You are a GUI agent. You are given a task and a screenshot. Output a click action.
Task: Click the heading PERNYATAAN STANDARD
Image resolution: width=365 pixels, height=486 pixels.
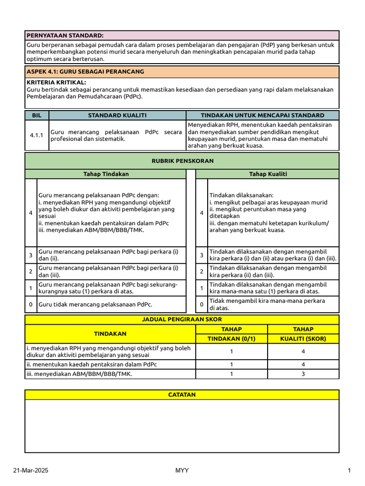tap(65, 36)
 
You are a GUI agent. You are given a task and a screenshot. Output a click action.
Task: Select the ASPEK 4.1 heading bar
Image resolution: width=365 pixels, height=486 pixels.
tap(182, 72)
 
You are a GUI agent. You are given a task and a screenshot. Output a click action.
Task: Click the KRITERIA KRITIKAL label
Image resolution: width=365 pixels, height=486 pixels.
tap(57, 83)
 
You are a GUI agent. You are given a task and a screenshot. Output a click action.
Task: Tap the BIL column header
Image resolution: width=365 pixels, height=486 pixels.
tap(37, 115)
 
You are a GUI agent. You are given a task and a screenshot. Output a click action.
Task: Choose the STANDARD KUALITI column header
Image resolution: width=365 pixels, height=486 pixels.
tap(117, 115)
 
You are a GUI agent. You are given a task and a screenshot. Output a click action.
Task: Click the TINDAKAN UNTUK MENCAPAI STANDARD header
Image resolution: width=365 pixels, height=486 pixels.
tap(262, 115)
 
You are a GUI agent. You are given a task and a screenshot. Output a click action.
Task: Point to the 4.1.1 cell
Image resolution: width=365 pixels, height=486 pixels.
tap(37, 135)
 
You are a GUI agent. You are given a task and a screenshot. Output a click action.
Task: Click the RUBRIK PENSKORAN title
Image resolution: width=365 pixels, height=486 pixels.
tap(182, 161)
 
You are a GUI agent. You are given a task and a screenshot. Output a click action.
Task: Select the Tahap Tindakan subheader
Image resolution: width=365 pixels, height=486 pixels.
tap(106, 174)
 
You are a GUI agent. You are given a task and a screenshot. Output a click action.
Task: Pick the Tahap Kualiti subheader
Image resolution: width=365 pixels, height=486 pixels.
tap(267, 174)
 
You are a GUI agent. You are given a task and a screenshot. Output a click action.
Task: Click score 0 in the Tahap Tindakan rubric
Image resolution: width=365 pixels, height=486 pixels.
tap(30, 305)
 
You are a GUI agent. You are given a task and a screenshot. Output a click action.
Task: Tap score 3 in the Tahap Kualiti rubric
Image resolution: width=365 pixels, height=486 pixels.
tap(202, 255)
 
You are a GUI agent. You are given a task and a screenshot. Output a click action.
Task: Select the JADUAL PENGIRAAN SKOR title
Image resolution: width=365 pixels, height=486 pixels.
tap(182, 319)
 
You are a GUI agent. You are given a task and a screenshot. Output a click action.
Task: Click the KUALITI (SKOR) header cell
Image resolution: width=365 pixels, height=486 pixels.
tap(303, 338)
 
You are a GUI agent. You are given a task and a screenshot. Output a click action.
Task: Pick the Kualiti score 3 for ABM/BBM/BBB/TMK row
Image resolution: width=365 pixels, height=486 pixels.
tap(303, 374)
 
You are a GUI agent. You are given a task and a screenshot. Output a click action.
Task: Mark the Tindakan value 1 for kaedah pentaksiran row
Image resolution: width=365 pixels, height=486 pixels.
tap(231, 364)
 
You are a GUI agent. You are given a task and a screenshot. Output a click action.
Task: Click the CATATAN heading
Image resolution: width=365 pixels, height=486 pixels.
tap(182, 395)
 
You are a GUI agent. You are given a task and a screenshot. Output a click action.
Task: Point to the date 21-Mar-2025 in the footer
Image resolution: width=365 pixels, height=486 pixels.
tap(30, 470)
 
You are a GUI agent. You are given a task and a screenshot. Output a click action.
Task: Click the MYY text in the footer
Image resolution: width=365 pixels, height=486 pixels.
tap(182, 470)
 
